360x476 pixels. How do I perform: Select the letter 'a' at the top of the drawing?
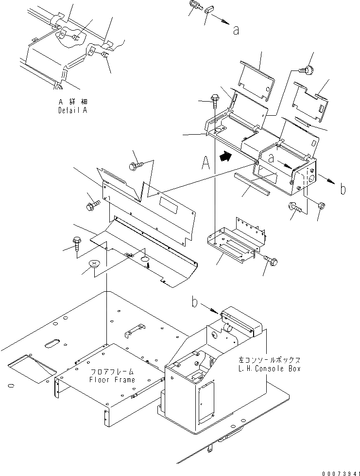[x=236, y=30]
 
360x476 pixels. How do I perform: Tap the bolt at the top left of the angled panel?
[x=135, y=166]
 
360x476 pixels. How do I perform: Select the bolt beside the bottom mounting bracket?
[x=271, y=262]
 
